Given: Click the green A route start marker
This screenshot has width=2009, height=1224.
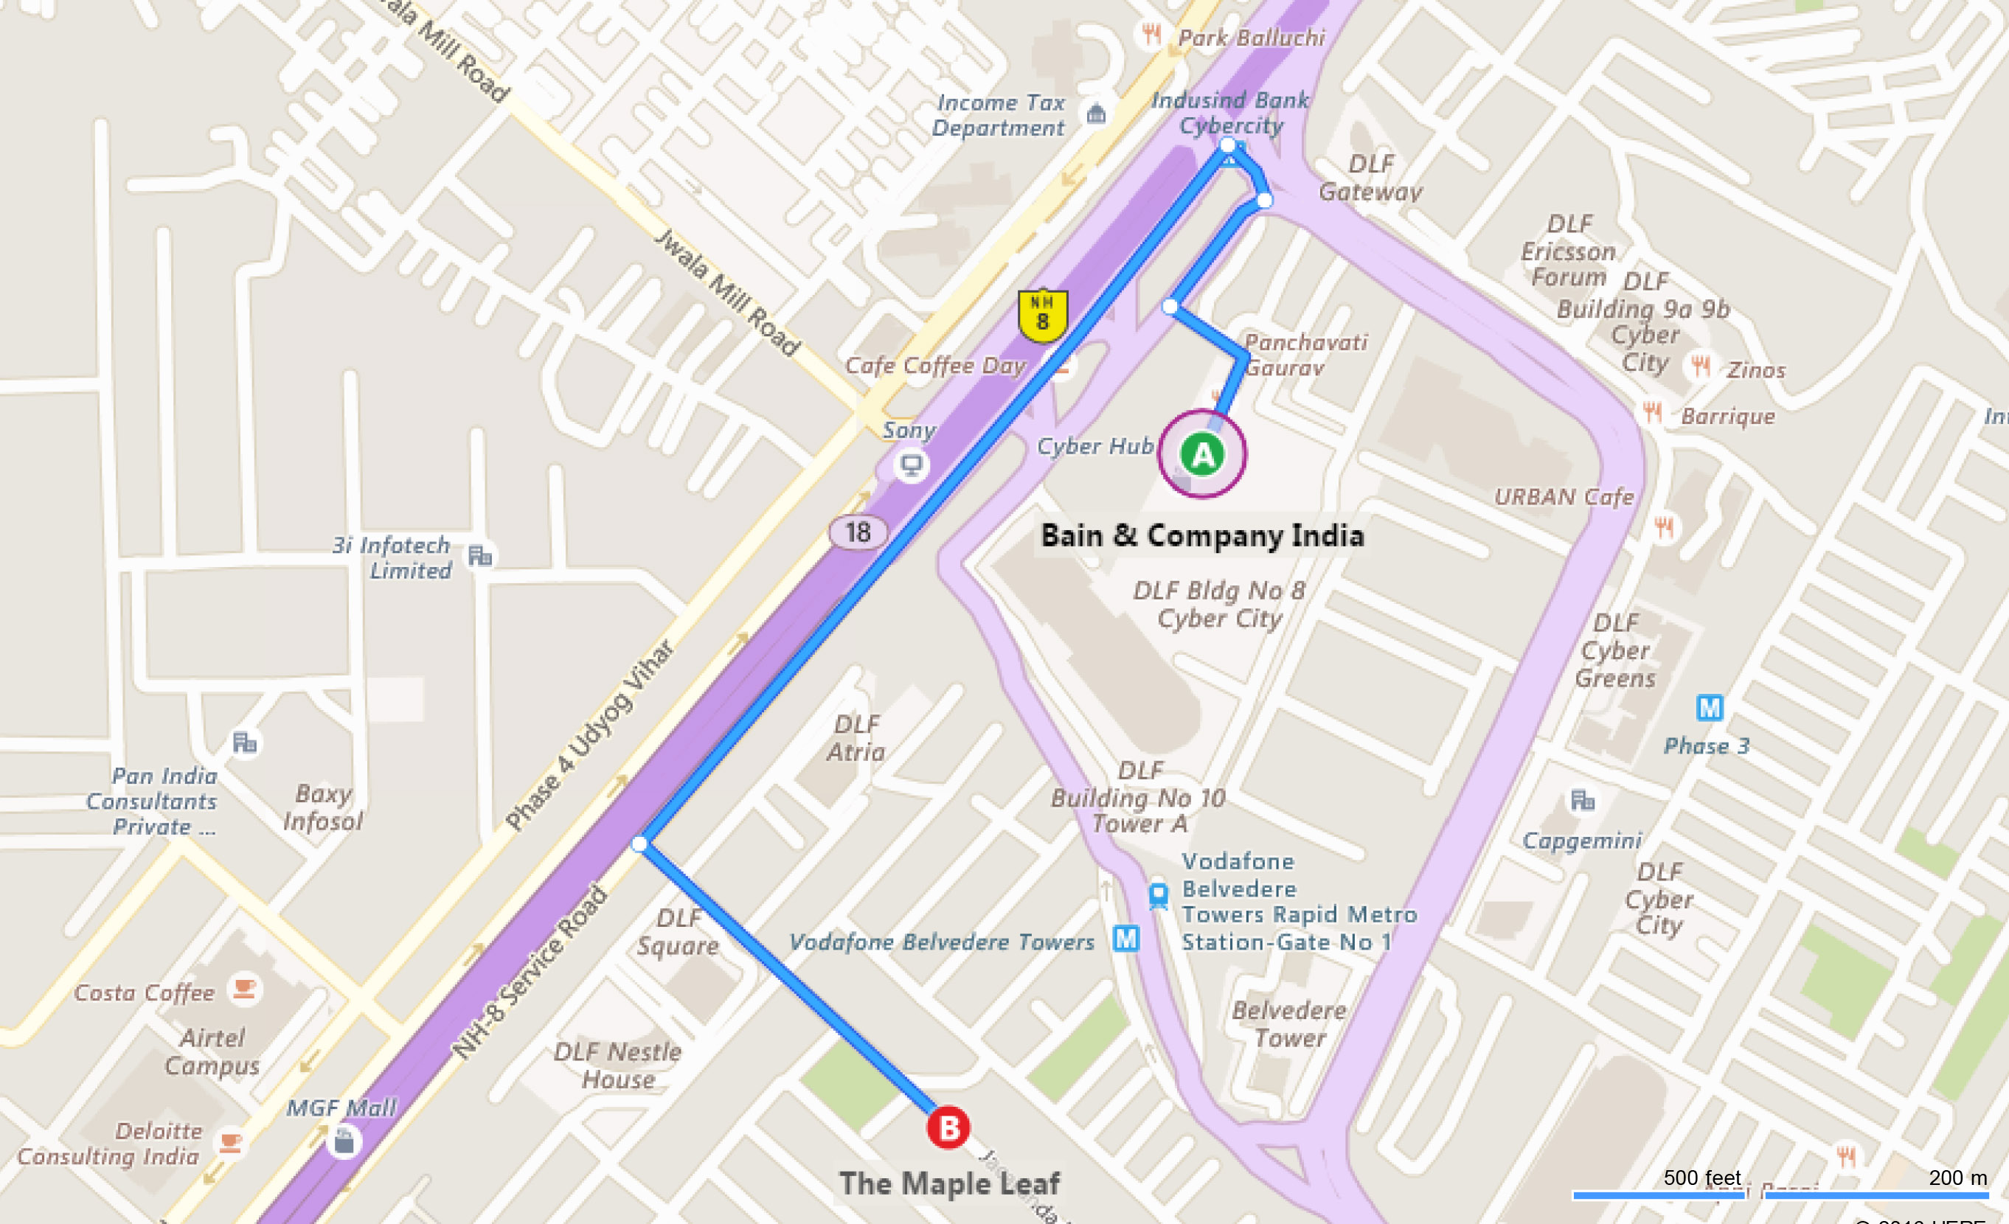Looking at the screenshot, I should pyautogui.click(x=1202, y=454).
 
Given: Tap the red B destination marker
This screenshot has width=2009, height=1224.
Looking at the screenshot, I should pyautogui.click(x=948, y=1128).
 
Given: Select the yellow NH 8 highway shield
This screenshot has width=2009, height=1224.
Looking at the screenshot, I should pyautogui.click(x=1042, y=315).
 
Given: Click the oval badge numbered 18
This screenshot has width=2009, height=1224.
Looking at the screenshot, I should pyautogui.click(x=858, y=533).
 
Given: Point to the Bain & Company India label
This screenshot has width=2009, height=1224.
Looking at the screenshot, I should pyautogui.click(x=1202, y=535).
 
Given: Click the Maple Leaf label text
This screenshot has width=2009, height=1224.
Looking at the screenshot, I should pyautogui.click(x=949, y=1183).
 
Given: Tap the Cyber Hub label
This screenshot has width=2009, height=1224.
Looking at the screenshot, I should pyautogui.click(x=1095, y=446).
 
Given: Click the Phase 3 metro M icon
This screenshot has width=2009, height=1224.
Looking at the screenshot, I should pyautogui.click(x=1709, y=707).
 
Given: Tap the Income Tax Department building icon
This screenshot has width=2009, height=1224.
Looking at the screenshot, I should pyautogui.click(x=1096, y=114).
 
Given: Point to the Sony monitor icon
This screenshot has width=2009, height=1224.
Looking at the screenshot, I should pyautogui.click(x=911, y=465).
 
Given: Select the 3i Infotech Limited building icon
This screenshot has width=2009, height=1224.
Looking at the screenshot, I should pyautogui.click(x=479, y=556).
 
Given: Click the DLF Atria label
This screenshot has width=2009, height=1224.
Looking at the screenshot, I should pyautogui.click(x=856, y=737).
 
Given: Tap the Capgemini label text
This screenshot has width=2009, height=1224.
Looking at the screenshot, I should pyautogui.click(x=1582, y=840).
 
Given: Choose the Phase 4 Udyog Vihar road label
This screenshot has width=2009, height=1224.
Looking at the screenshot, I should pyautogui.click(x=589, y=735).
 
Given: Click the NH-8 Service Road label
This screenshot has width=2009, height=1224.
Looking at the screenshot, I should pyautogui.click(x=530, y=972).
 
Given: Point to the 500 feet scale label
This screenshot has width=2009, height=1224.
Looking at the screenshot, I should pyautogui.click(x=1701, y=1178).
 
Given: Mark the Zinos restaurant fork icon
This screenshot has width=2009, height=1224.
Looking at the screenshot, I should pyautogui.click(x=1700, y=366).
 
